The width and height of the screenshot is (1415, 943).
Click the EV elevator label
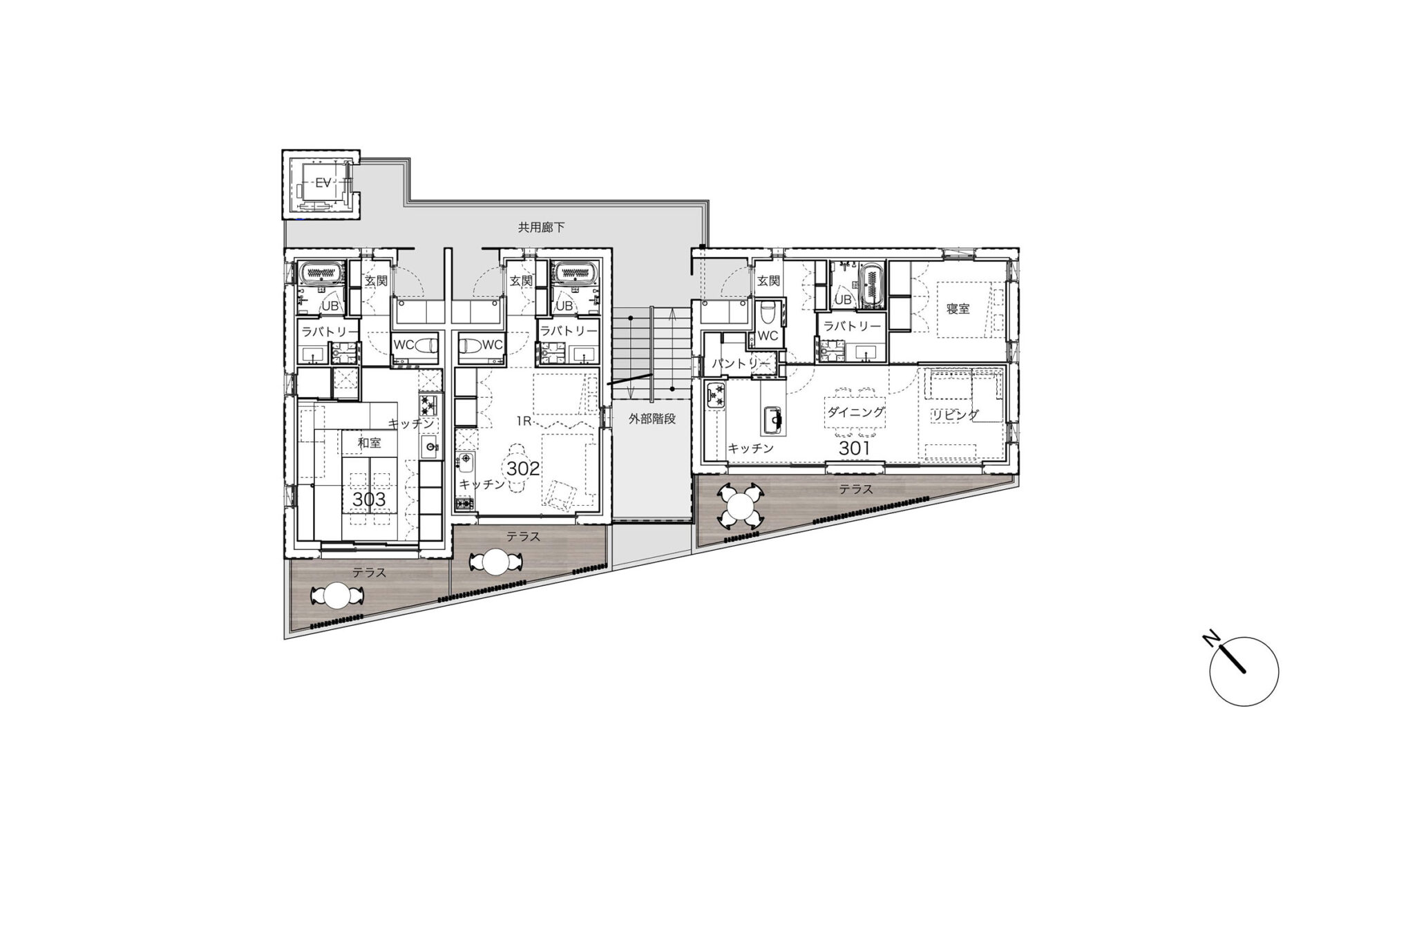coord(323,183)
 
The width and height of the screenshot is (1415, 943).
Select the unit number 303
coord(369,499)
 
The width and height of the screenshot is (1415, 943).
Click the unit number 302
coord(523,468)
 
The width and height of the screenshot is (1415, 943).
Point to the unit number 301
coord(855,448)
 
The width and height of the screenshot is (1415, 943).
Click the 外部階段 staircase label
coord(652,418)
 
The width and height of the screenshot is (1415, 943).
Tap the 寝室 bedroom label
coord(958,309)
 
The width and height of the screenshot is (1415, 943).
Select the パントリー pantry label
coord(739,362)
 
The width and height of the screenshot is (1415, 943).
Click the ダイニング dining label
coord(855,412)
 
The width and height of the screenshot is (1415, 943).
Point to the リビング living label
coord(955,415)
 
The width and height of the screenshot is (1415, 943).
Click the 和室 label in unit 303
coord(369,442)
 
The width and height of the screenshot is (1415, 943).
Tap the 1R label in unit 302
coord(523,421)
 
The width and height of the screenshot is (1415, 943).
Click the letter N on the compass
coord(1210,638)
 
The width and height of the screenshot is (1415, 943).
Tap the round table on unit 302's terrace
coord(496,562)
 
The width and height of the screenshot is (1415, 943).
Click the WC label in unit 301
coord(768,336)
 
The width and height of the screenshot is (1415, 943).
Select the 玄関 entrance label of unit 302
coord(521,281)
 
